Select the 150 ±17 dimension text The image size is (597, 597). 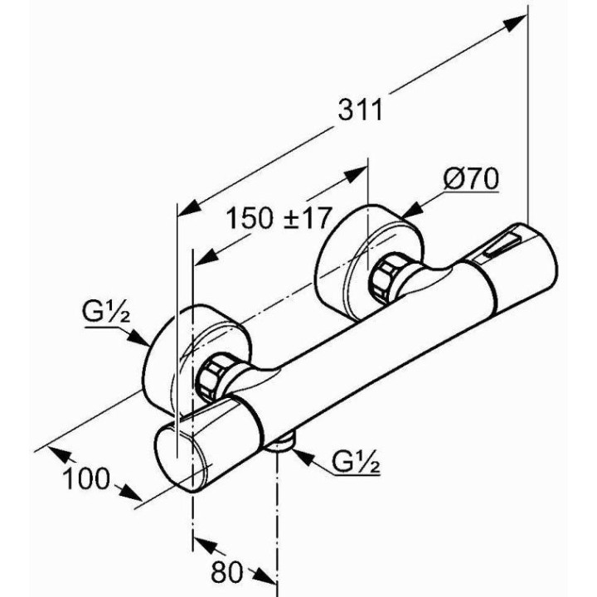pos(279,217)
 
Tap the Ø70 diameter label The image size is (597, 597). pos(471,177)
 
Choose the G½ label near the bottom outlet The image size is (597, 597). pos(357,463)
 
